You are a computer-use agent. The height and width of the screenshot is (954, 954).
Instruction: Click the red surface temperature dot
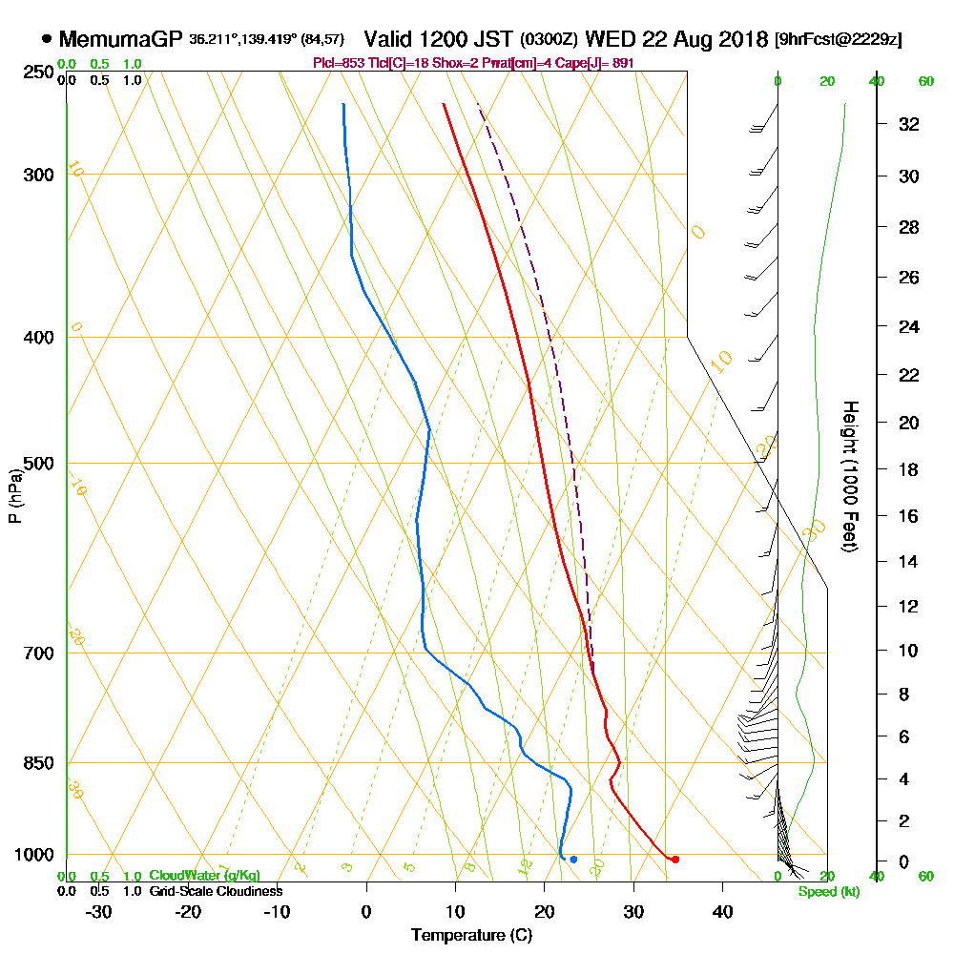(675, 860)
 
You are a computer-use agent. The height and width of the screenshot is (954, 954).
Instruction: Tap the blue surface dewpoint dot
(573, 860)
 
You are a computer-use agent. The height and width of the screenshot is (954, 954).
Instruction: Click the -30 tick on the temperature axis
(98, 911)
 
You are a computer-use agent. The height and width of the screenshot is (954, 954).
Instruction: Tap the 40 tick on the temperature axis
(722, 911)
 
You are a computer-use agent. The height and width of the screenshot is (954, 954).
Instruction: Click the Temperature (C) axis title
(471, 935)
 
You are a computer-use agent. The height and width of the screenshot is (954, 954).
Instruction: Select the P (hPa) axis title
(14, 495)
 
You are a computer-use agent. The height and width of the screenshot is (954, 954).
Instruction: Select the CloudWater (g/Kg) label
(204, 876)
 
